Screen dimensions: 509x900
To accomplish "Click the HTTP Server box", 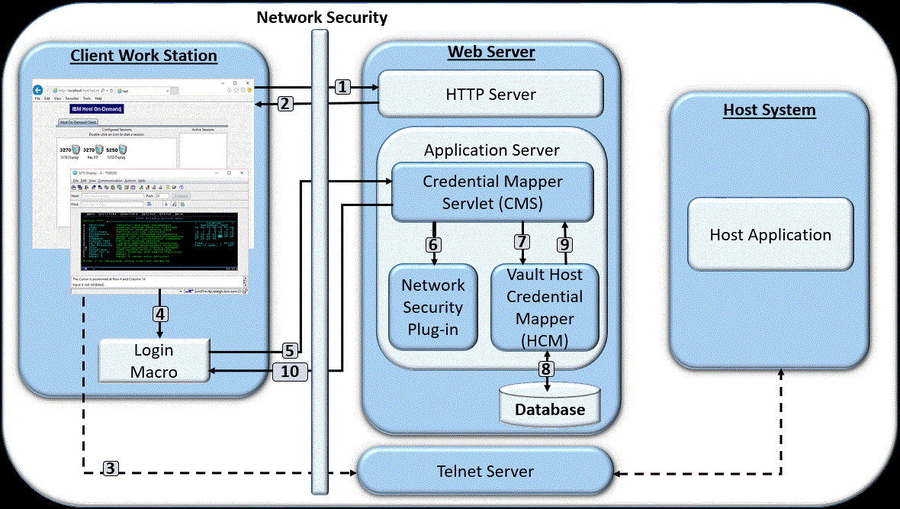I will click(x=491, y=95).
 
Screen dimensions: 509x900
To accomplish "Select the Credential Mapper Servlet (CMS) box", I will click(x=492, y=192).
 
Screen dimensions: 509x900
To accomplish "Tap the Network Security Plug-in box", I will click(x=433, y=307).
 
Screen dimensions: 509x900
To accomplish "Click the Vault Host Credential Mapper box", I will click(x=545, y=308).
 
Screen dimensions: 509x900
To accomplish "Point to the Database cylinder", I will click(x=549, y=404).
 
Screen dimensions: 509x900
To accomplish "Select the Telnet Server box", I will click(x=485, y=471).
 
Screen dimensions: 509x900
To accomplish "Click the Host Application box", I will click(x=770, y=234).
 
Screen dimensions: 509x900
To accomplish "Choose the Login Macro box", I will click(x=155, y=361).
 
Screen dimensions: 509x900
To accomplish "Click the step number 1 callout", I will click(x=343, y=87).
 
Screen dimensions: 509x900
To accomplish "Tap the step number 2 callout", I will click(x=285, y=104).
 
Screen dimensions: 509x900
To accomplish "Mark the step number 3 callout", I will click(x=111, y=468).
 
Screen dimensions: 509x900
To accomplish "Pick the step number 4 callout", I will click(x=159, y=313).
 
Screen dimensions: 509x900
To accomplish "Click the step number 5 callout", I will click(x=289, y=351).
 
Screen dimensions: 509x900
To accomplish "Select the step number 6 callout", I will click(x=433, y=245).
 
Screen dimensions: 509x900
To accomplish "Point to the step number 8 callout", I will click(x=545, y=369).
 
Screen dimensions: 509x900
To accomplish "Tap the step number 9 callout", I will click(x=564, y=245).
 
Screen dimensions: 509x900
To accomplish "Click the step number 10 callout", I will click(x=290, y=372).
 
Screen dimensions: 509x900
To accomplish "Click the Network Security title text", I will click(x=321, y=17).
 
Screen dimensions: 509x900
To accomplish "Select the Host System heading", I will click(x=769, y=110).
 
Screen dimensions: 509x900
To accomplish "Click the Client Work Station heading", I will click(x=143, y=56).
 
